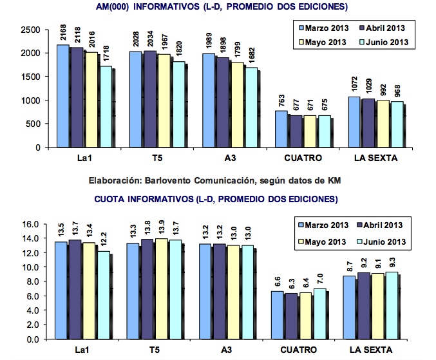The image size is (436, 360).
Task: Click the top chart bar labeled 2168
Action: coord(63,96)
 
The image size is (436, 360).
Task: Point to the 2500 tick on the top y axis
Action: coord(30,30)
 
